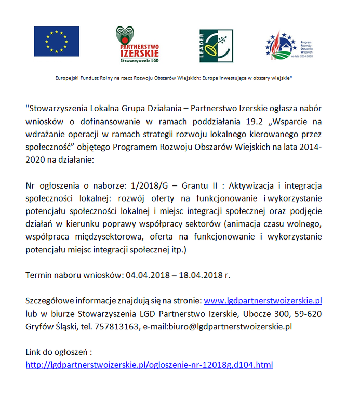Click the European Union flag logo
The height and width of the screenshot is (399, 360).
click(x=57, y=42)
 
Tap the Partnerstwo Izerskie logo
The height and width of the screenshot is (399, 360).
click(x=137, y=44)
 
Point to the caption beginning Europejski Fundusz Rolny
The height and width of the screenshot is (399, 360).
click(x=174, y=78)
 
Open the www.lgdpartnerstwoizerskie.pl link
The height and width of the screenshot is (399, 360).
click(x=263, y=301)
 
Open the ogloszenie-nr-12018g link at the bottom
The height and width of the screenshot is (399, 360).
click(x=149, y=365)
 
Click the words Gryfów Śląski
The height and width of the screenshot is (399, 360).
click(x=50, y=327)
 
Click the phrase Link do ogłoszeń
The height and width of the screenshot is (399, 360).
click(x=58, y=352)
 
